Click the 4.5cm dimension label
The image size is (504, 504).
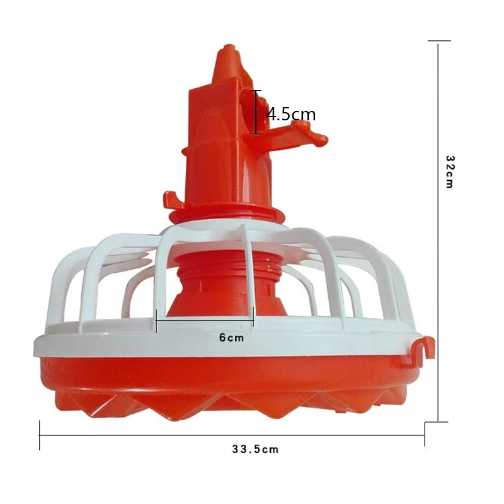[x=291, y=115]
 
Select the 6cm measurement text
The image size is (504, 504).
[x=231, y=338]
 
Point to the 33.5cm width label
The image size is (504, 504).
[x=255, y=449]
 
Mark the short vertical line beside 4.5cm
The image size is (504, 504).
[x=256, y=112]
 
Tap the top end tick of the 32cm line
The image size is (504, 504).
[x=439, y=41]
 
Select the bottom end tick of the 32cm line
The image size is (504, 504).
[x=439, y=421]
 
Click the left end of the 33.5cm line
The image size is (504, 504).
[x=40, y=435]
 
